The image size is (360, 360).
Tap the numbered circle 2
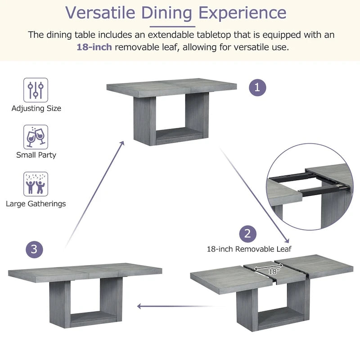coord(247,234)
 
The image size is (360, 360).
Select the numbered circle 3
coord(34,249)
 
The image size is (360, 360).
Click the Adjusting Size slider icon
coord(36,90)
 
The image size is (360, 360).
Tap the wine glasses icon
coord(36,137)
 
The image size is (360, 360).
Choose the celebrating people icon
coord(36,184)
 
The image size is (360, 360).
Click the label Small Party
coord(36,155)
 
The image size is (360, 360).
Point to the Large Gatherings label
coord(36,204)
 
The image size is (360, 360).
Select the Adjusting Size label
coord(36,108)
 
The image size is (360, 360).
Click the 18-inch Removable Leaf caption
coord(249,249)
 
